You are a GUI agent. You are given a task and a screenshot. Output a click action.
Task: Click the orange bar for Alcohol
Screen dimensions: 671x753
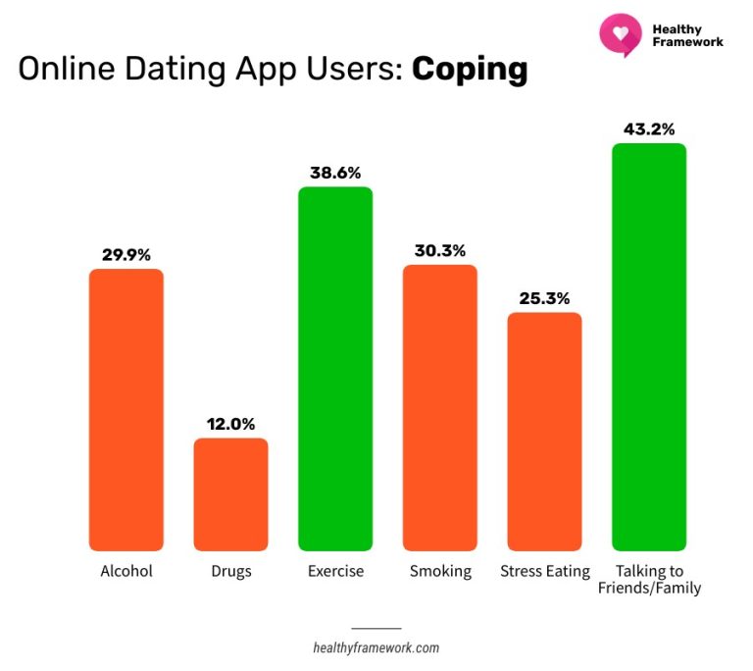[x=126, y=409]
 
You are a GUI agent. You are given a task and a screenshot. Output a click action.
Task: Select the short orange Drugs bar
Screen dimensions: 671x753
[x=230, y=494]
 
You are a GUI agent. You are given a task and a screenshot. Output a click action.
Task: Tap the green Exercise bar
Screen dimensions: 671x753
[x=335, y=368]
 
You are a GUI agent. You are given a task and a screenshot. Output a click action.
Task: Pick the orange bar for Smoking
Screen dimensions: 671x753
[x=440, y=407]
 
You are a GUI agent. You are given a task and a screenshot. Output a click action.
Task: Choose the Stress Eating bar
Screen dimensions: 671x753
[x=544, y=432]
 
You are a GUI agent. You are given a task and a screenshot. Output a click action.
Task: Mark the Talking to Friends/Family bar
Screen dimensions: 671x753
[x=649, y=346]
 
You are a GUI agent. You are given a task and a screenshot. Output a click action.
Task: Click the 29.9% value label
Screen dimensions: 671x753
[x=126, y=254]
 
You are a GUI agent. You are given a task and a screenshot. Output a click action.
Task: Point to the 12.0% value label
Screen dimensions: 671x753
[x=230, y=424]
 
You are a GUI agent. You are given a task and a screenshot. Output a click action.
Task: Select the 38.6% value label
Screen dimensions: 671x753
[x=335, y=172]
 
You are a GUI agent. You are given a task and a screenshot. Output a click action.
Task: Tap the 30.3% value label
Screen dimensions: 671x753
[x=440, y=250]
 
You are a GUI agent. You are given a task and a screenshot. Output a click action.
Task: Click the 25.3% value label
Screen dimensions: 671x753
[x=544, y=298]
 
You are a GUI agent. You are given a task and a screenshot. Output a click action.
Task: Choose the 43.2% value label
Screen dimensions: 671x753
[x=649, y=129]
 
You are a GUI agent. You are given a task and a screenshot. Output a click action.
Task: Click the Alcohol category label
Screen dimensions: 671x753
[x=126, y=571]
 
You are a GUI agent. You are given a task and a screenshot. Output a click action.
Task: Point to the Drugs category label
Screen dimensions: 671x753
[x=230, y=571]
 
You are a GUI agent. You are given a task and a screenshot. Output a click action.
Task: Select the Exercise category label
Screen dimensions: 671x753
[x=335, y=571]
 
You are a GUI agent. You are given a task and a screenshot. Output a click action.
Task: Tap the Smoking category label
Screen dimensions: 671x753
[x=440, y=571]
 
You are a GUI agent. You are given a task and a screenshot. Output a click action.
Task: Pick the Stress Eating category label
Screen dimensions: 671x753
[x=544, y=571]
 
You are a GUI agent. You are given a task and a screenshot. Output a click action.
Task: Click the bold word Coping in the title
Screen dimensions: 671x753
[x=470, y=70]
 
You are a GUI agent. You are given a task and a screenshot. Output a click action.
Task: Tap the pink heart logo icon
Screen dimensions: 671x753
[x=620, y=34]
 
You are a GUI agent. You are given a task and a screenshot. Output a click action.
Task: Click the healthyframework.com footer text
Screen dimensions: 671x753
[x=376, y=647]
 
